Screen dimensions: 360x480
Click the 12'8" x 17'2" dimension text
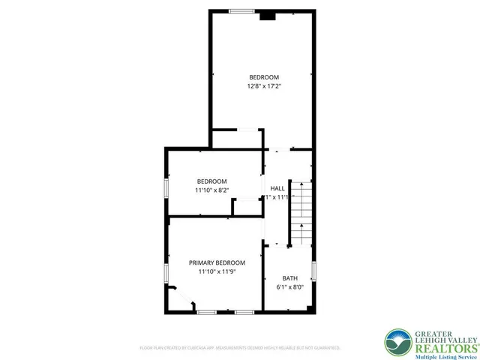point(264,87)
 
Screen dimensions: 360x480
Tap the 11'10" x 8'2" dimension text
point(211,190)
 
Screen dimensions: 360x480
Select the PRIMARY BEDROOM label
point(217,262)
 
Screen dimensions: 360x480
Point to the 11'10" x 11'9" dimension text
point(217,272)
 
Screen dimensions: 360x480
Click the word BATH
point(289,277)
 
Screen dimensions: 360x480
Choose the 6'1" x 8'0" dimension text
point(289,287)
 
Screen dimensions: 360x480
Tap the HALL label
point(277,188)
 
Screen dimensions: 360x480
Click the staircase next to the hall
point(300,213)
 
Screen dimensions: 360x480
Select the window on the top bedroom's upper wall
point(241,10)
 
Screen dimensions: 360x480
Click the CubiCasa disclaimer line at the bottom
point(240,349)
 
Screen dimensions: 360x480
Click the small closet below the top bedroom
point(236,139)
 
